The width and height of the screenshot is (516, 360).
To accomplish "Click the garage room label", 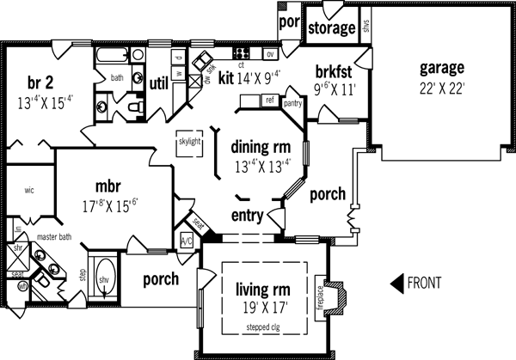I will (442, 67).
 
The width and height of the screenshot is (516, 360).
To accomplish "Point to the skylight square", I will (189, 143).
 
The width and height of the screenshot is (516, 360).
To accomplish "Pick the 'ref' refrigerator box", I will (269, 101).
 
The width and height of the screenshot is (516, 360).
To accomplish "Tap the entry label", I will (248, 215).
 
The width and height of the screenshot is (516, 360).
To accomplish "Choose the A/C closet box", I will (187, 241).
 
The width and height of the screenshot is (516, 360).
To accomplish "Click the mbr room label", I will (113, 185).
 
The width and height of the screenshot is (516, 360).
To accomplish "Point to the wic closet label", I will (28, 190).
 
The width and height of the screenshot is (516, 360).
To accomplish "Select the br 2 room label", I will (40, 82).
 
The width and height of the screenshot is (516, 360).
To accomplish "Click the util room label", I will (158, 83).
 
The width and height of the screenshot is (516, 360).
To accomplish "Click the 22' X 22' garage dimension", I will (442, 88).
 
